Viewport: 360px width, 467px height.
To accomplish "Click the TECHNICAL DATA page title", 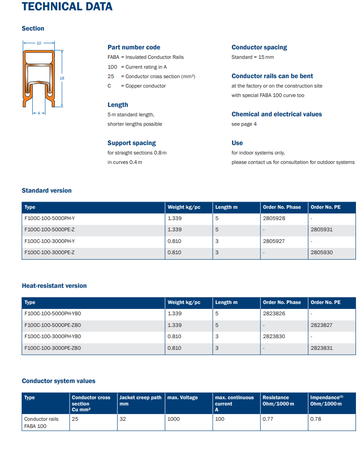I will (67, 7).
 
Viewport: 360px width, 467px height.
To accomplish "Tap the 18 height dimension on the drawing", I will (62, 78).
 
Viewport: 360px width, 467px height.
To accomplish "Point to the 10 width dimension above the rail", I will (39, 43).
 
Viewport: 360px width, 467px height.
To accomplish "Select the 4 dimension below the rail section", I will (39, 113).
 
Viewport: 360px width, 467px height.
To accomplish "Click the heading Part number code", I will (133, 47).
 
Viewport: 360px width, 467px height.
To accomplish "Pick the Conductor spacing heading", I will (259, 47).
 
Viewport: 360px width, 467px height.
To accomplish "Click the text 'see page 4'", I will (244, 124).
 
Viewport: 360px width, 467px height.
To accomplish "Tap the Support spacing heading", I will (132, 143).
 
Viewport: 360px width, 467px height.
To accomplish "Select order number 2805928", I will (274, 218).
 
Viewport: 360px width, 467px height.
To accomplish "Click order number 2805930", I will (321, 252).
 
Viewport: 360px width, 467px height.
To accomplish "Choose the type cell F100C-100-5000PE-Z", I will (49, 229).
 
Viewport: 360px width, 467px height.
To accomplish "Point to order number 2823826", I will (274, 313).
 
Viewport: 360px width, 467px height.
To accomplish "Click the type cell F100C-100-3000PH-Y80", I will (53, 336).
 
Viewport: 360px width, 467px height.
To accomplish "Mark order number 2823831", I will (321, 348).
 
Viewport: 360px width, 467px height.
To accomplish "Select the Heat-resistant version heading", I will (54, 286).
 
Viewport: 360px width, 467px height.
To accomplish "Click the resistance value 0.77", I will (268, 419).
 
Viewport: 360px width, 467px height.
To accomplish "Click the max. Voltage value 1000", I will (173, 419).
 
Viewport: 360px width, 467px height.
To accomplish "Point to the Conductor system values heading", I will (58, 381).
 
